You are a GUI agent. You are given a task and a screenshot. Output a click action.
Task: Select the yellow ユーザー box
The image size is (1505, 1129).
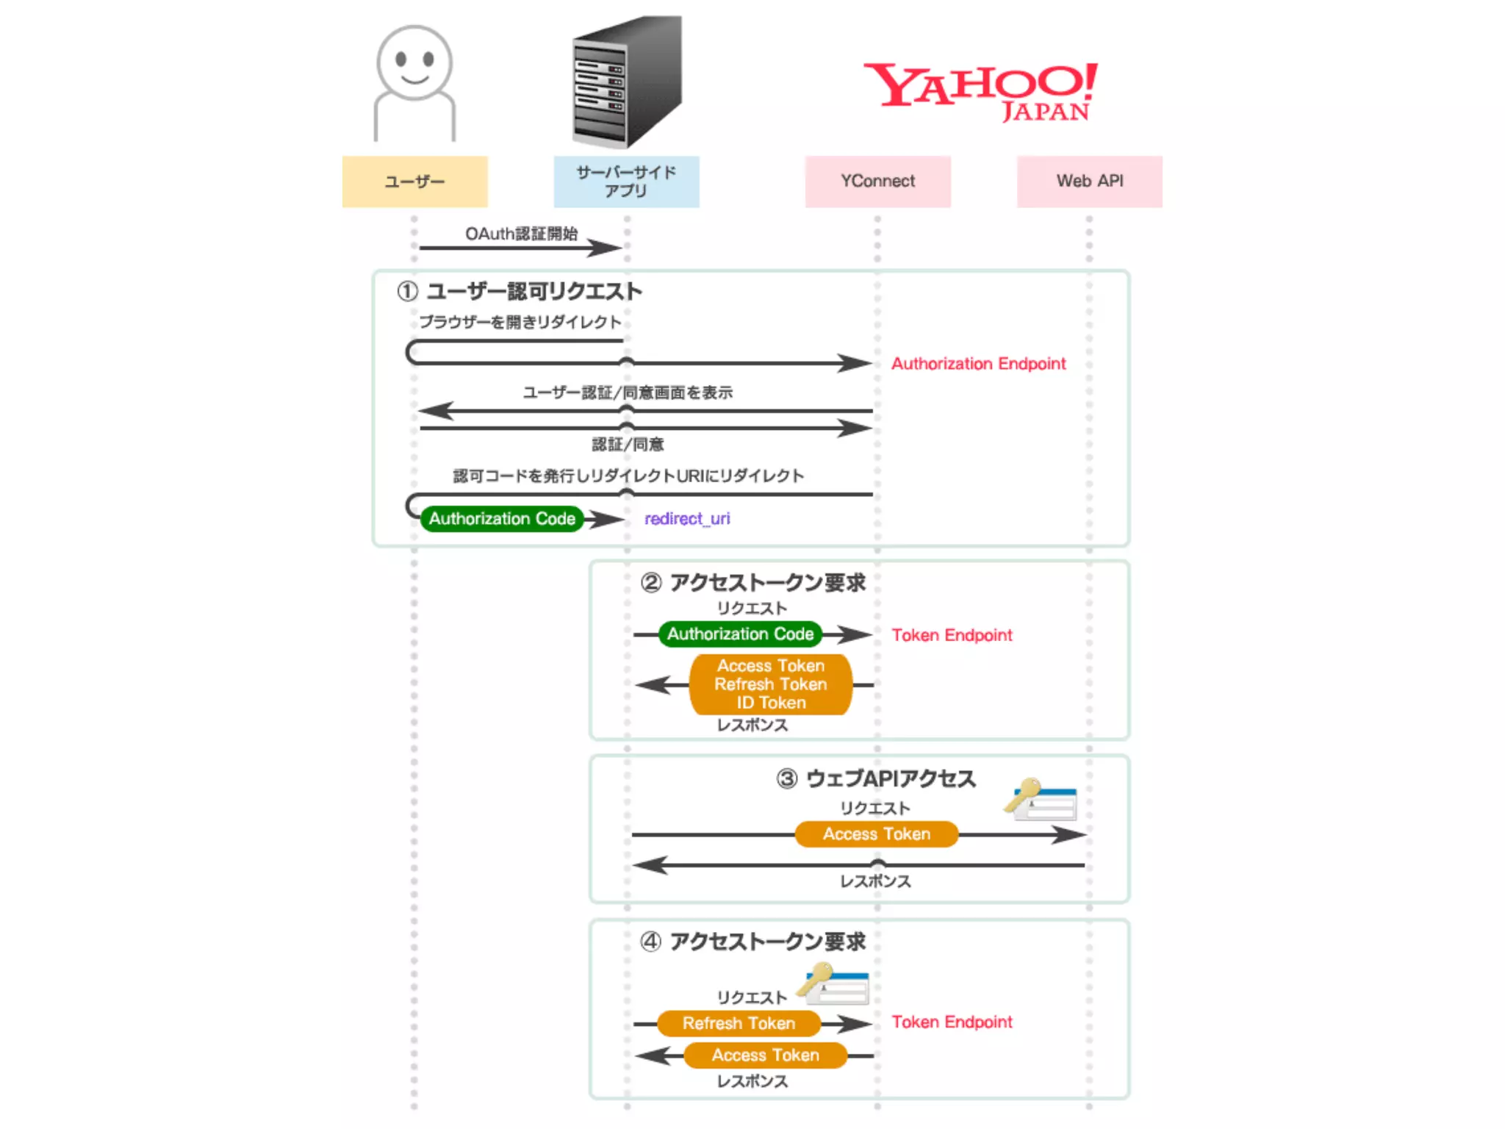pos(414,182)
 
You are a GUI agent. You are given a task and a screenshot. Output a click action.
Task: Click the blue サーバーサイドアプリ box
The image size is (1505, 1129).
pos(626,182)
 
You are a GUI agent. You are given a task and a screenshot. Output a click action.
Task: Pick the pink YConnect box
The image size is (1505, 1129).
pos(877,182)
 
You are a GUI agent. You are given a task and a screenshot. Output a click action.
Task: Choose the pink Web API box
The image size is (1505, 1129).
pos(1089,182)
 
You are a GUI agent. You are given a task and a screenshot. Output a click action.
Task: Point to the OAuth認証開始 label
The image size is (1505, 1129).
pos(521,234)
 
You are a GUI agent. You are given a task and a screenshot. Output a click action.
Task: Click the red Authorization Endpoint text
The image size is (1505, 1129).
pos(978,364)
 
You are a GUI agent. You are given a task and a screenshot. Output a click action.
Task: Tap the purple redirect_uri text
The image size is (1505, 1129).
pos(687,519)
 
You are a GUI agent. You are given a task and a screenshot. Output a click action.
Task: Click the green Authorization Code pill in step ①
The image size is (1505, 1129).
pos(502,519)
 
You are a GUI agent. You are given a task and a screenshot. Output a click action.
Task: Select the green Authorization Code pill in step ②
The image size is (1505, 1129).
pos(740,634)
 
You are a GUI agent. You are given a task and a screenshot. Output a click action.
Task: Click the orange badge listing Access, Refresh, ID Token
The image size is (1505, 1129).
pos(771,684)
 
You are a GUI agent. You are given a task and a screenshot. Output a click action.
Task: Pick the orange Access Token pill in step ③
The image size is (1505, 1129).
pos(877,834)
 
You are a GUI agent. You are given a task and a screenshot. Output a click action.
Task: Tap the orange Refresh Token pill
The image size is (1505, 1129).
pos(739,1023)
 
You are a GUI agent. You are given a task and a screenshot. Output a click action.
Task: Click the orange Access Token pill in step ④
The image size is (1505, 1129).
pos(765,1055)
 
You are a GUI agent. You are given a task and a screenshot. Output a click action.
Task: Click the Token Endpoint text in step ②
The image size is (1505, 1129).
pos(952,635)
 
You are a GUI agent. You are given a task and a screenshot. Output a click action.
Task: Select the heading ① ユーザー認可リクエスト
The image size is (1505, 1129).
pos(520,292)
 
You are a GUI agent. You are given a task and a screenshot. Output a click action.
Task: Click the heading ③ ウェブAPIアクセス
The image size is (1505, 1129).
pos(876,779)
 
